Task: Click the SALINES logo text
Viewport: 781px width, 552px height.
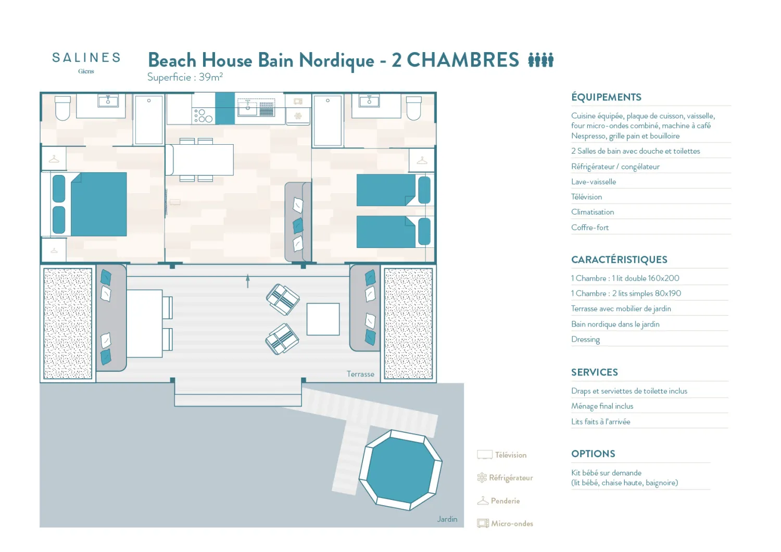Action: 86,57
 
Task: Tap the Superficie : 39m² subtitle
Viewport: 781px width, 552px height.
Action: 185,77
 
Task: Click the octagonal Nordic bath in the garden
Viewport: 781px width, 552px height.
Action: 400,470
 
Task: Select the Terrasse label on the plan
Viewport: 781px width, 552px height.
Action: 360,374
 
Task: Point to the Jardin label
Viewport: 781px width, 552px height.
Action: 447,519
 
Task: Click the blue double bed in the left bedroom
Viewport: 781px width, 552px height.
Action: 99,204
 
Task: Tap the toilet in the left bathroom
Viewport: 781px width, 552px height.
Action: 63,108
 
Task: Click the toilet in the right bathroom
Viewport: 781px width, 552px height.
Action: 414,108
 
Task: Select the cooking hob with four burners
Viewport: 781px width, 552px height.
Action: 203,116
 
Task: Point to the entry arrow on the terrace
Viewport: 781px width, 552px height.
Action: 248,281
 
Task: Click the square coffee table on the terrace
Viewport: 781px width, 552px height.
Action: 323,319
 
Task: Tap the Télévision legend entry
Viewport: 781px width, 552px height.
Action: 502,455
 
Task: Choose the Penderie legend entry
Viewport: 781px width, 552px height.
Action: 498,501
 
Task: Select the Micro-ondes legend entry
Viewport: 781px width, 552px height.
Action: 505,523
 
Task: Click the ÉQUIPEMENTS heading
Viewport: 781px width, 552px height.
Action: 606,97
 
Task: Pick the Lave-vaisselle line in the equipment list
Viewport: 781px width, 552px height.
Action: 594,182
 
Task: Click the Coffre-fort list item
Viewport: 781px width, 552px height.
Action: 589,228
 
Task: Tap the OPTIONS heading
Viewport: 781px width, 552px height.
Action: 593,454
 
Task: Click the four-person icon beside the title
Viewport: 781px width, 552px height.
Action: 541,60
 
